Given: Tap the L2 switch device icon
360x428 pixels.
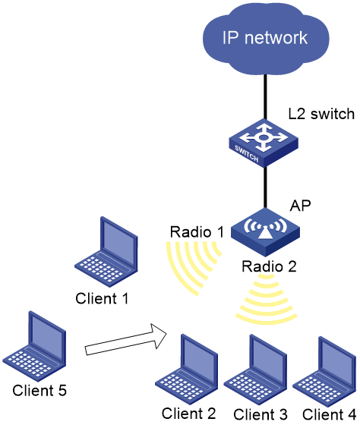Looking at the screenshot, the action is [264, 143].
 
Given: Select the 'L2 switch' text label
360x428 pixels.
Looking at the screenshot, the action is [321, 114].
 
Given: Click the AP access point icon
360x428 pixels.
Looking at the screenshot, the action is [265, 232].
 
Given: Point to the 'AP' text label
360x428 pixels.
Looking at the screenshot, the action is [300, 206].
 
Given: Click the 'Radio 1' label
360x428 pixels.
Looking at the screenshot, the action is [197, 232].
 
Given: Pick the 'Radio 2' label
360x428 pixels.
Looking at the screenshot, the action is [269, 266].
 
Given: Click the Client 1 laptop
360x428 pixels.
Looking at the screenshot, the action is [106, 252].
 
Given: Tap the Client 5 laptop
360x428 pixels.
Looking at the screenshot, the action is [34, 346].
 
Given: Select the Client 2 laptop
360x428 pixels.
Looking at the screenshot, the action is [187, 369].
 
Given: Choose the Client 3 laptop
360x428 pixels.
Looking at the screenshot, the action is [256, 370].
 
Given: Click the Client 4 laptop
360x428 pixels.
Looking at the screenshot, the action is [324, 371].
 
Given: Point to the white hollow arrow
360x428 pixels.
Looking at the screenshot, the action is [126, 339].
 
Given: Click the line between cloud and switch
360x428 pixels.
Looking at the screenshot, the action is [265, 97].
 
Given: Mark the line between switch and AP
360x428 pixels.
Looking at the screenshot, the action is [265, 187].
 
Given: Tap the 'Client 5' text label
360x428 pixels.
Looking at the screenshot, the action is [39, 390].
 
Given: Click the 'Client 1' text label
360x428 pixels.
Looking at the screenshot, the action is [102, 298].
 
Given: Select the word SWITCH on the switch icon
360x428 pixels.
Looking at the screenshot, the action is [246, 154].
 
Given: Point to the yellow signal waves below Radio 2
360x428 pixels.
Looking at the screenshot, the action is [267, 300].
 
